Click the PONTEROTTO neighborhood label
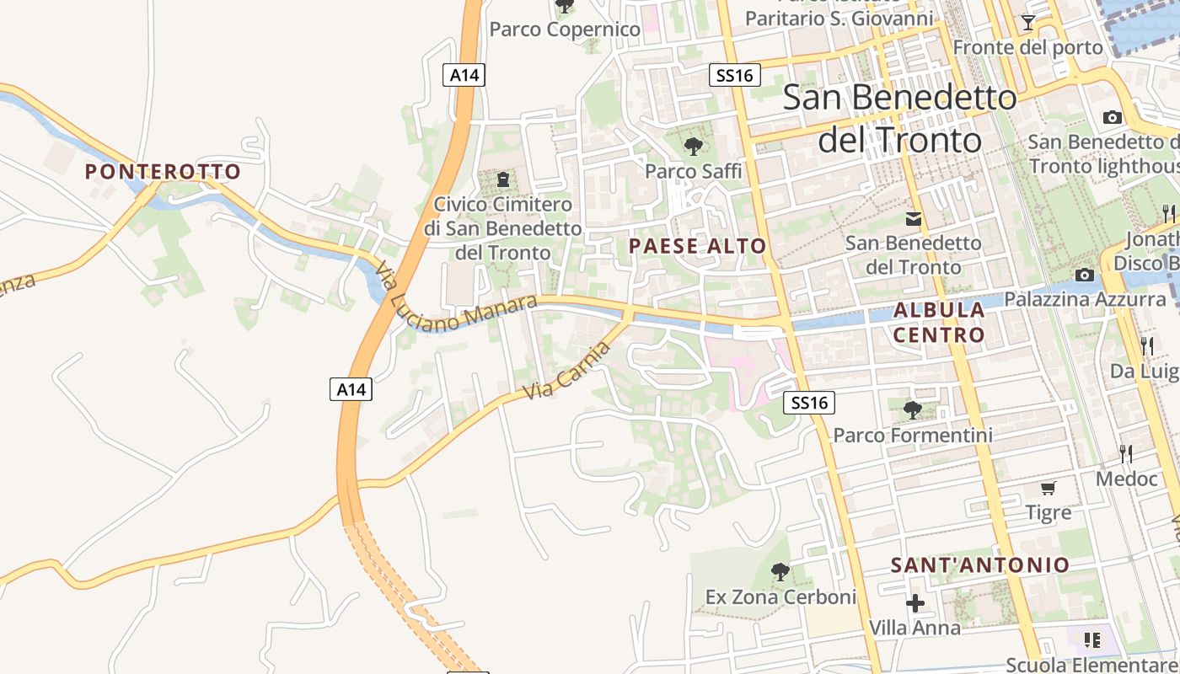coord(163,172)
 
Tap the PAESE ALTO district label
coord(698,246)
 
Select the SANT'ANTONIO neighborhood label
coord(980,564)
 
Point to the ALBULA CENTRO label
coord(939,322)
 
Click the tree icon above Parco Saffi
coord(694,147)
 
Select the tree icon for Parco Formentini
coord(912,410)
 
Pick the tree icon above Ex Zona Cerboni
coord(780,573)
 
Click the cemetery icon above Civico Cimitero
coord(503,179)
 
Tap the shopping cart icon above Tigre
coord(1049,488)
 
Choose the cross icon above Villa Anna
coord(914,603)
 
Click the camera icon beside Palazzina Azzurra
coord(1085,275)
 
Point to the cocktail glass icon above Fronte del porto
coord(1028,23)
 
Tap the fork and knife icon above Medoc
coord(1126,454)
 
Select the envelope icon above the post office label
coord(914,219)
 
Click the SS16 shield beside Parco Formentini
coord(810,403)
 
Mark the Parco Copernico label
coord(565,29)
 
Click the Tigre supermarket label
coord(1049,512)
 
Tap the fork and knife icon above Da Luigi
coord(1147,345)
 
